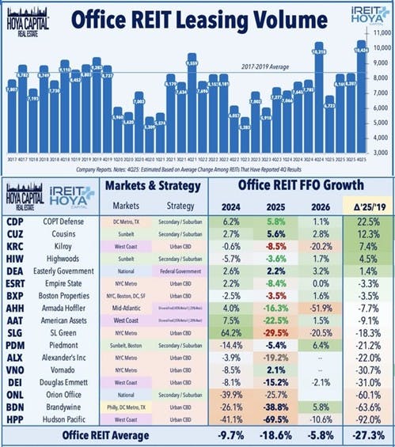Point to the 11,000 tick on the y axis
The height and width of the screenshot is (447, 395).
383,35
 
